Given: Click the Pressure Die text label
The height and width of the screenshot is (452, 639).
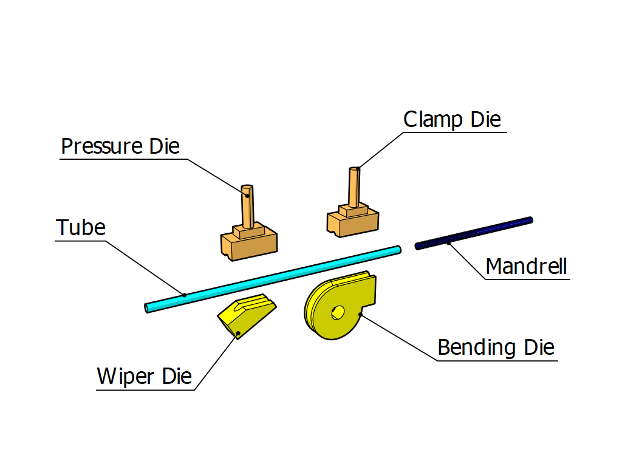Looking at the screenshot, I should (x=120, y=146).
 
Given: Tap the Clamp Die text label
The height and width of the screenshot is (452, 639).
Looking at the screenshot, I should (x=453, y=119).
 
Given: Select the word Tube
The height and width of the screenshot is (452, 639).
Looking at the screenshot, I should (x=81, y=228).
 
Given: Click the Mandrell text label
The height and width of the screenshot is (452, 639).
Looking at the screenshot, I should (x=527, y=266).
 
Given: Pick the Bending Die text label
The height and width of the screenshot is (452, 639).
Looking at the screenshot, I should (x=496, y=348).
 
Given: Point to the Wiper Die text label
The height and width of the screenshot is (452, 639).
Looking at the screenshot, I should (x=145, y=377).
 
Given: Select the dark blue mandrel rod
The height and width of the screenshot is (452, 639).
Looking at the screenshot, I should (x=474, y=233).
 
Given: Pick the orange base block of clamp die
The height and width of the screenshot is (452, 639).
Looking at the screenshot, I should (x=353, y=222).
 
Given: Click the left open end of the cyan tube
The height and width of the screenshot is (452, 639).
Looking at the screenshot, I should (x=148, y=308).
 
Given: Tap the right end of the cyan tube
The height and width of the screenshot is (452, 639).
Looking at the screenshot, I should (x=398, y=249).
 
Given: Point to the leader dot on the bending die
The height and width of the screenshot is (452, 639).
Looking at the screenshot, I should (x=361, y=315).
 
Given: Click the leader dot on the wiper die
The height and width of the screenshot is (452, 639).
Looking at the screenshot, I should (x=238, y=332).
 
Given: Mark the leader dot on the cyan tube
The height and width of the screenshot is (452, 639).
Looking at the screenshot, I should (x=185, y=295).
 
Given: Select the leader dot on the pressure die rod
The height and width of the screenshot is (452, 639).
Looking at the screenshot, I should (x=248, y=196).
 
